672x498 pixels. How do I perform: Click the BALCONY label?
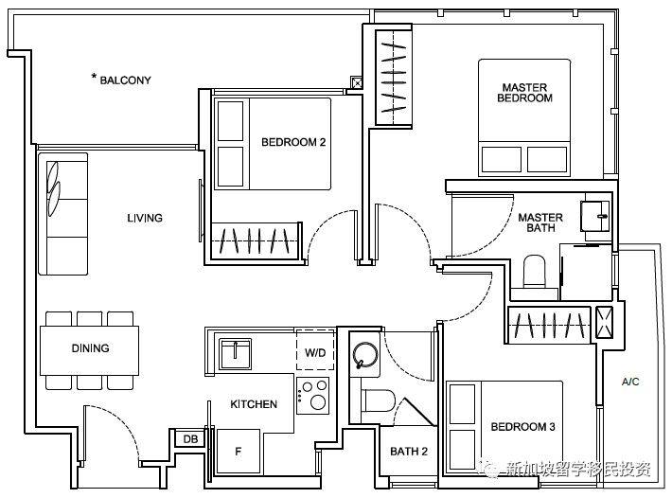pyautogui.click(x=125, y=80)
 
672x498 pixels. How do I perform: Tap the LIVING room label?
pyautogui.click(x=145, y=218)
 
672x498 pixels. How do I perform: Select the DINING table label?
pyautogui.click(x=91, y=348)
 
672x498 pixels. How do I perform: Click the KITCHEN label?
pyautogui.click(x=254, y=404)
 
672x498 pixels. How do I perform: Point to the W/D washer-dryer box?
pyautogui.click(x=315, y=349)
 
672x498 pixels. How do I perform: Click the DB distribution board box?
pyautogui.click(x=190, y=439)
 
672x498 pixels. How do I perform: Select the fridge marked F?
pyautogui.click(x=239, y=452)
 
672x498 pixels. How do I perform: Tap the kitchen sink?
pyautogui.click(x=236, y=354)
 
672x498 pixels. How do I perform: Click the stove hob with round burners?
pyautogui.click(x=313, y=396)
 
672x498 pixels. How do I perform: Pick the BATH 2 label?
pyautogui.click(x=409, y=452)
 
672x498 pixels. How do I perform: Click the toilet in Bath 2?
pyautogui.click(x=378, y=400)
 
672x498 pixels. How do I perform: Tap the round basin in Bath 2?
pyautogui.click(x=365, y=355)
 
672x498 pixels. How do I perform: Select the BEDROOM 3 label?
pyautogui.click(x=522, y=427)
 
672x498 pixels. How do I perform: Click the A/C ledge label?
pyautogui.click(x=630, y=382)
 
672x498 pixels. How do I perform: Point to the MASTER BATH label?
pyautogui.click(x=540, y=222)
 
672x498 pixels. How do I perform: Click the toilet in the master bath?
pyautogui.click(x=534, y=272)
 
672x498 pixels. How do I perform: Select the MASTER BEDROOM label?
pyautogui.click(x=525, y=93)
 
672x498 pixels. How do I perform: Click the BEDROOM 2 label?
pyautogui.click(x=293, y=142)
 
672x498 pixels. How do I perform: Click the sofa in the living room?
pyautogui.click(x=63, y=214)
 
